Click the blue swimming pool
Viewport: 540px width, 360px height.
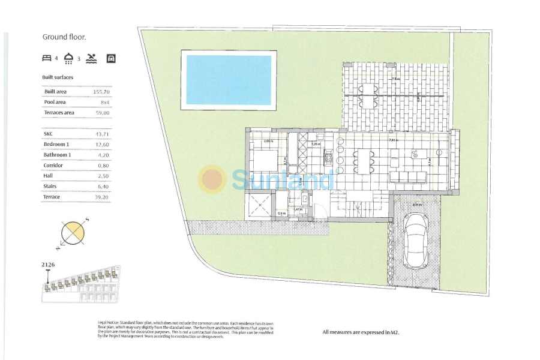pyautogui.click(x=229, y=80)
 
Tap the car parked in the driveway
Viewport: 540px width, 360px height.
pyautogui.click(x=415, y=239)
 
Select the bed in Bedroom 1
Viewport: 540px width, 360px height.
pyautogui.click(x=264, y=161)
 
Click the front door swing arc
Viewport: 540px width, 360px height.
pyautogui.click(x=321, y=211)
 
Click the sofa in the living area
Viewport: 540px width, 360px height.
pyautogui.click(x=408, y=177)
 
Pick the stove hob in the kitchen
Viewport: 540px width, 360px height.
pyautogui.click(x=328, y=159)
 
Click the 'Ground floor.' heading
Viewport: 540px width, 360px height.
pyautogui.click(x=64, y=37)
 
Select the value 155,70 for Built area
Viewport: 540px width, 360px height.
pyautogui.click(x=101, y=92)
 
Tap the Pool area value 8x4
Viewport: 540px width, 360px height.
pyautogui.click(x=104, y=103)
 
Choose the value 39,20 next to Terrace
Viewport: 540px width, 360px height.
pyautogui.click(x=102, y=197)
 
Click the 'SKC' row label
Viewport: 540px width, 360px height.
pyautogui.click(x=49, y=134)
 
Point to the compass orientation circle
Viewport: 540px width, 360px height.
pyautogui.click(x=73, y=233)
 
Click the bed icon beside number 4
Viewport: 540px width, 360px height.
pyautogui.click(x=47, y=58)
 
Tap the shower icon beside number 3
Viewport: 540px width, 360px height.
pyautogui.click(x=69, y=58)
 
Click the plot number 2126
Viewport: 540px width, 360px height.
pyautogui.click(x=48, y=264)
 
